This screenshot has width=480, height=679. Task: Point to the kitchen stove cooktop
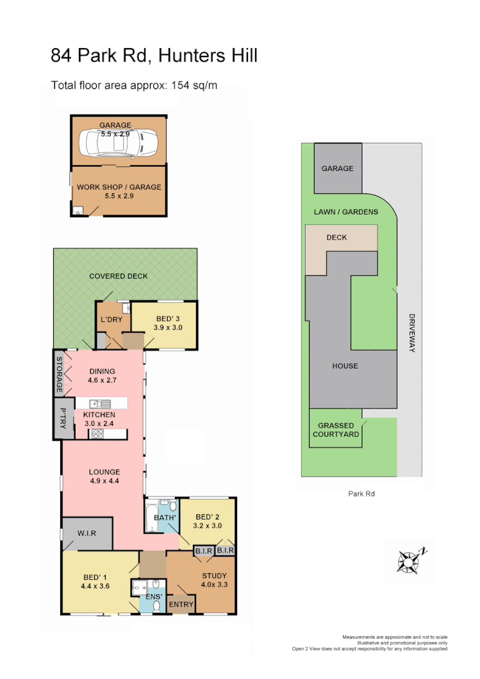tap(99, 434)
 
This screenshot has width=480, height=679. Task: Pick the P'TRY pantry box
tap(63, 420)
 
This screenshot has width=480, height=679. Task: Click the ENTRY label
tap(181, 604)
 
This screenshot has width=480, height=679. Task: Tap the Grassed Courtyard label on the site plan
tap(336, 429)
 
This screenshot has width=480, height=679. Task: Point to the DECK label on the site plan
tap(336, 237)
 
